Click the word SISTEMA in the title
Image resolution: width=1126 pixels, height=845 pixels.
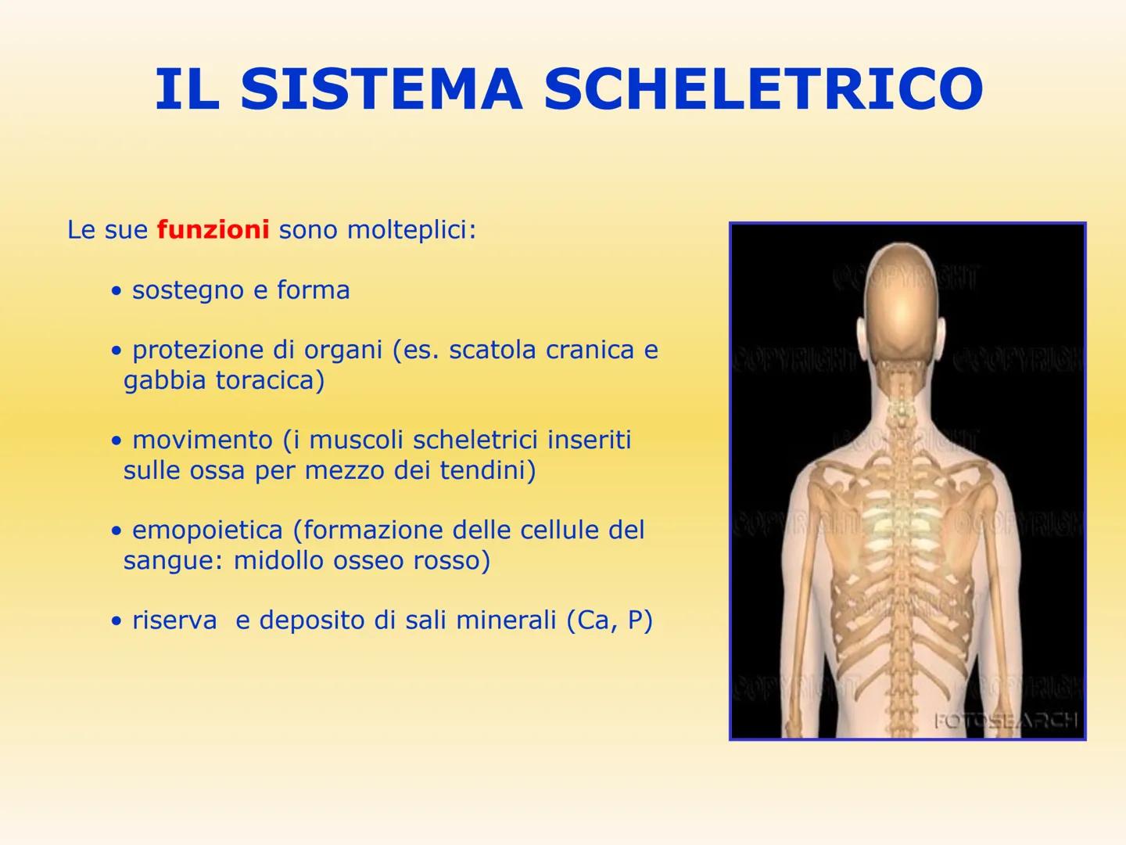click(x=381, y=89)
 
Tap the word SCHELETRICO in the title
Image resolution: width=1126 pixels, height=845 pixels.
click(x=763, y=89)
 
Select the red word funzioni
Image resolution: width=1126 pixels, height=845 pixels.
click(x=213, y=230)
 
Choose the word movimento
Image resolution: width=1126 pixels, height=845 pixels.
click(x=202, y=440)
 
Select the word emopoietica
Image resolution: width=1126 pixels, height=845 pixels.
click(x=207, y=530)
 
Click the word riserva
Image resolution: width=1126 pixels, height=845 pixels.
click(x=174, y=620)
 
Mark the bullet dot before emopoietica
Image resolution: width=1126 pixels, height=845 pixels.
click(x=117, y=531)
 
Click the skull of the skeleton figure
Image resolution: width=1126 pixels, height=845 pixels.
click(x=902, y=297)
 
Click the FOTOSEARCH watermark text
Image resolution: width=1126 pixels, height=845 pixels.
click(x=1006, y=721)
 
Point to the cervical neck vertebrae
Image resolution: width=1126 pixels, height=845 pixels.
click(x=902, y=407)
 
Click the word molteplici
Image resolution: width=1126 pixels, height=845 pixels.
click(x=411, y=231)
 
